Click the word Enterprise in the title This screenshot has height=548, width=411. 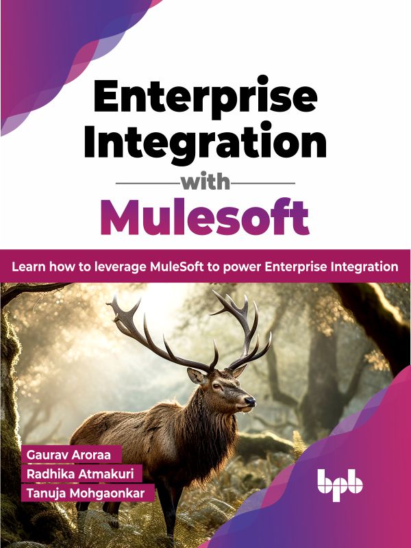tap(206, 101)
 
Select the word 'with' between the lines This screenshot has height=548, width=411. tap(206, 183)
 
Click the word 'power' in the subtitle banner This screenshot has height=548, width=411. tap(234, 266)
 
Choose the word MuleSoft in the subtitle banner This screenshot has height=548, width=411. tap(179, 266)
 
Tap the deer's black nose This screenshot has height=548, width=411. tap(251, 400)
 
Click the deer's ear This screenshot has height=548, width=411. tap(197, 376)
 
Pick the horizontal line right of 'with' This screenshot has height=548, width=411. tap(264, 184)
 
